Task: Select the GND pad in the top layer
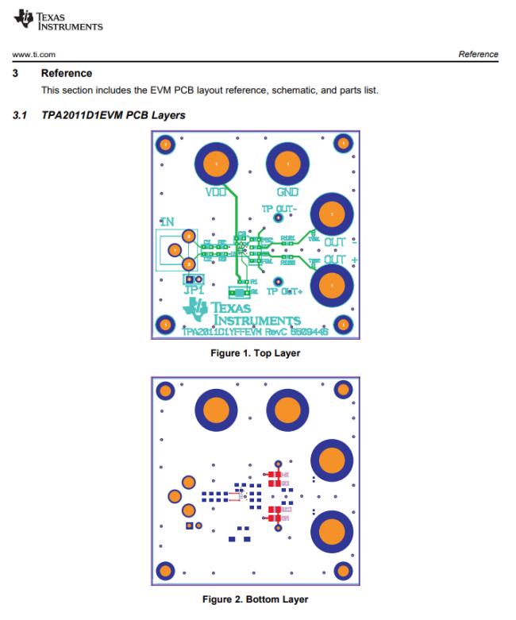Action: pyautogui.click(x=283, y=164)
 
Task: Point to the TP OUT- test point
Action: pyautogui.click(x=278, y=218)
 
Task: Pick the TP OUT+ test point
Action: pyautogui.click(x=278, y=281)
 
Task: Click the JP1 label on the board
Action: pyautogui.click(x=194, y=292)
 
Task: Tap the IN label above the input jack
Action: pyautogui.click(x=168, y=222)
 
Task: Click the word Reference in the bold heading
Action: pyautogui.click(x=67, y=73)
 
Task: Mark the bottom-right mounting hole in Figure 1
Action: pyautogui.click(x=343, y=324)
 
